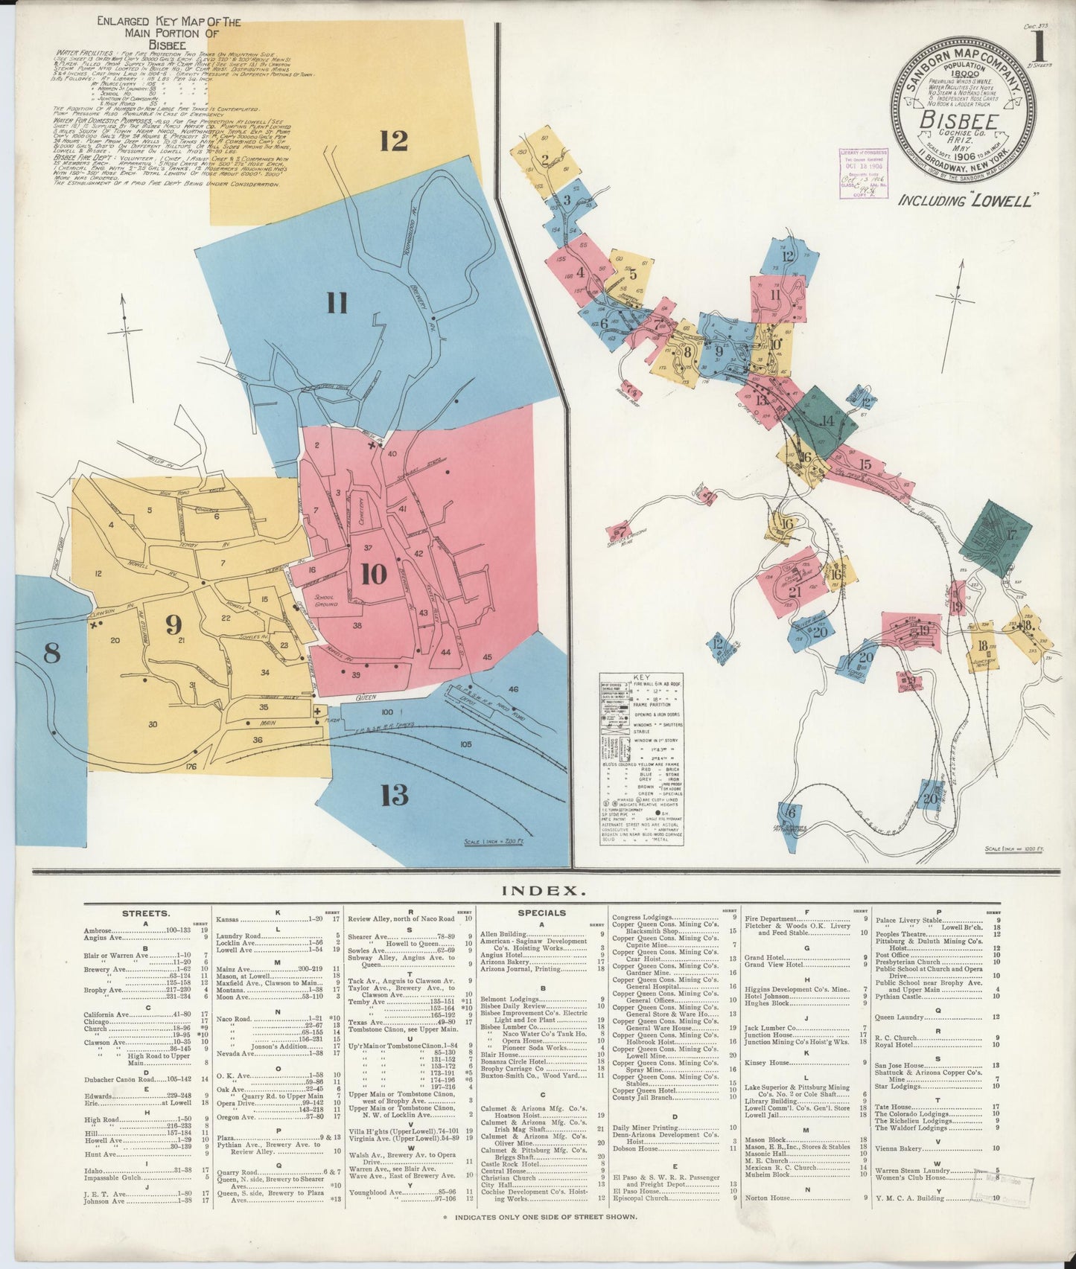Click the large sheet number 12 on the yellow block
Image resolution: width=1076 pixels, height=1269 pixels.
(394, 140)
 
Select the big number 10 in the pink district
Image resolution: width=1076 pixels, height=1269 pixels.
(373, 574)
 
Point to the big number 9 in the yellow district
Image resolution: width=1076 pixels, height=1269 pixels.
(174, 624)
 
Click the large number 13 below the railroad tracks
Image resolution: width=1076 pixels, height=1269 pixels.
(394, 795)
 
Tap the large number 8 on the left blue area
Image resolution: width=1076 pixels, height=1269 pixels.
(51, 653)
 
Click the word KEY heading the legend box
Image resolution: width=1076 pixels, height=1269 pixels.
(642, 677)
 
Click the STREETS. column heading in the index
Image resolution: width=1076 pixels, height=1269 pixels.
(146, 912)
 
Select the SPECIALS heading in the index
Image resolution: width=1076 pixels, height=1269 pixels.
(541, 912)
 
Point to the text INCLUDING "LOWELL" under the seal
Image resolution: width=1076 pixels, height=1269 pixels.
(968, 200)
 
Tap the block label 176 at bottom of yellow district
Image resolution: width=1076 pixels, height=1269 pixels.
(191, 766)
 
